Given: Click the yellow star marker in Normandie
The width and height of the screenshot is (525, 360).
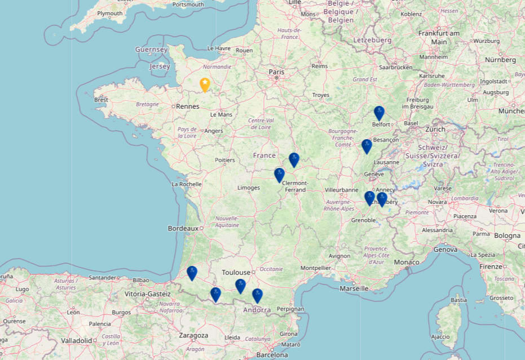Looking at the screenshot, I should click(205, 85).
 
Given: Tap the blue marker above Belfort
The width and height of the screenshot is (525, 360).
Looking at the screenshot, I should click(379, 113).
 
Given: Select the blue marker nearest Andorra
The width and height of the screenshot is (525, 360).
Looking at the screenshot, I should click(257, 295).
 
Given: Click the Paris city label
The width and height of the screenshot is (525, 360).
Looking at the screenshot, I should click(276, 72).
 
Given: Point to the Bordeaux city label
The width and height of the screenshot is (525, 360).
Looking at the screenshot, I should click(183, 228).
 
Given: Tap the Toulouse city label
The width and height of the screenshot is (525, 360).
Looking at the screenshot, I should click(236, 272).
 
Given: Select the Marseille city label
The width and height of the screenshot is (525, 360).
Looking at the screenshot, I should click(354, 288).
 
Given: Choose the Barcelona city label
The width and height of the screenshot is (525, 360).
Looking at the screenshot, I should click(272, 355).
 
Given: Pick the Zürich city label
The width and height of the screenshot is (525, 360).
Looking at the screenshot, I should click(435, 129).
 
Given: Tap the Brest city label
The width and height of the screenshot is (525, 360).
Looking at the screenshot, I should click(102, 100).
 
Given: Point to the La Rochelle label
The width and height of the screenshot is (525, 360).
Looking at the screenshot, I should click(187, 184).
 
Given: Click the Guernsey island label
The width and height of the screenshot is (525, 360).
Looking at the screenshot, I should click(151, 50).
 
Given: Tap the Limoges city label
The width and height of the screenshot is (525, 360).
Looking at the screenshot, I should click(249, 188).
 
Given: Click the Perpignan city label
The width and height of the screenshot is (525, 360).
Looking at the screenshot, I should click(290, 309).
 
